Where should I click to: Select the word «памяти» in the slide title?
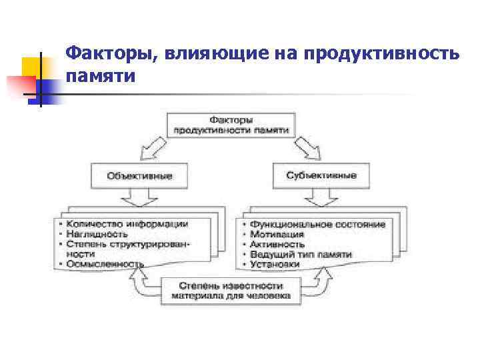101,76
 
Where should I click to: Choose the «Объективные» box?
139,176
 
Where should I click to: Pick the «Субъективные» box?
321,175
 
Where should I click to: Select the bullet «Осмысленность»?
105,264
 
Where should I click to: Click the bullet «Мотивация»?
277,235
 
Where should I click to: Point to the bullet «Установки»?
275,265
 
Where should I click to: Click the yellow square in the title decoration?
32,67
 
